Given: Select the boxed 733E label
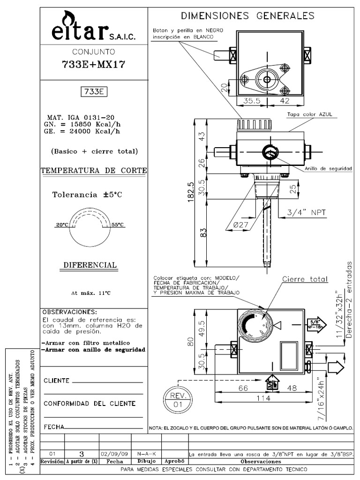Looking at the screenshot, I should point(94,92).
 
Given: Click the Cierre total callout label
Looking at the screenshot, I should point(305,279).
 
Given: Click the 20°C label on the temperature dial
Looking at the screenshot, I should point(62,225).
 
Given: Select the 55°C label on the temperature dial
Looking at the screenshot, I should point(118,225).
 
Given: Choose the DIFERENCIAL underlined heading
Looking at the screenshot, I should point(90,265).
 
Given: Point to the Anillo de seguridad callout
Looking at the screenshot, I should point(328,168).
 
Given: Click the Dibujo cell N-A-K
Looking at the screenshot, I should point(146,454).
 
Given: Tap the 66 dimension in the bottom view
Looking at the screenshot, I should point(243,388).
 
